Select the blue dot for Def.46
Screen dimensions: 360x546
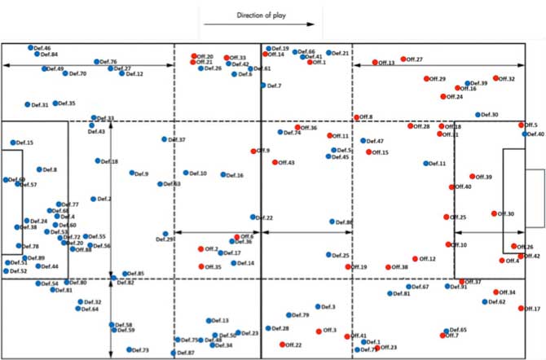(x=31, y=48)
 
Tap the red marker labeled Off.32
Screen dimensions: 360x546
(x=495, y=78)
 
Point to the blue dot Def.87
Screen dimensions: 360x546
(x=174, y=353)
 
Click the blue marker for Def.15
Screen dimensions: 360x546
(x=13, y=143)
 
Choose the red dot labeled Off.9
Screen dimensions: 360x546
(x=254, y=151)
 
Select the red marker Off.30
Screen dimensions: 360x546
(x=494, y=213)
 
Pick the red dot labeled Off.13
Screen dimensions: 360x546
(x=376, y=62)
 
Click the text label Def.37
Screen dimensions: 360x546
(x=177, y=140)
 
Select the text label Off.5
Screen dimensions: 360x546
(x=531, y=125)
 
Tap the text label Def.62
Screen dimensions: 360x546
(x=497, y=301)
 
